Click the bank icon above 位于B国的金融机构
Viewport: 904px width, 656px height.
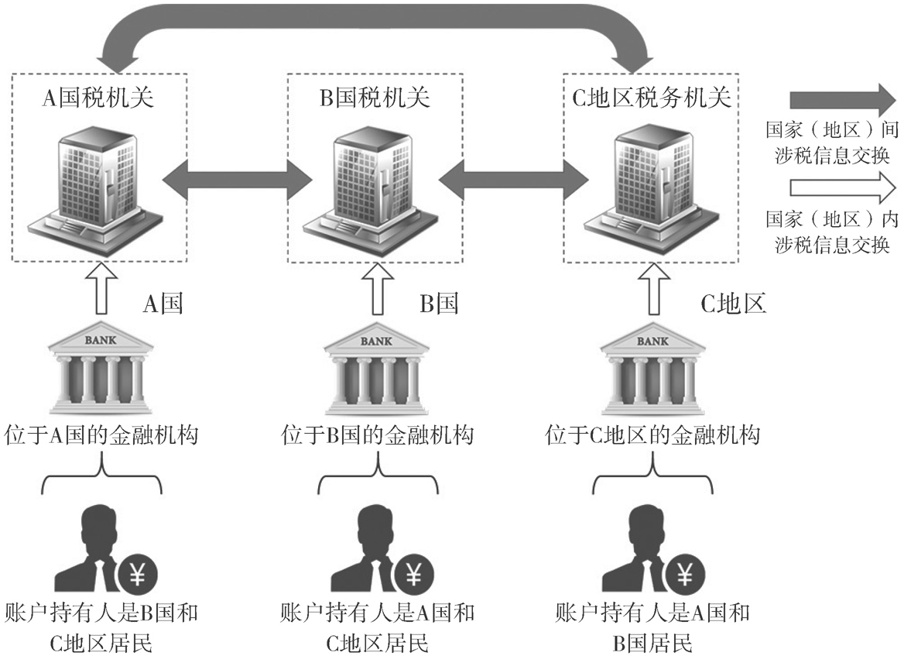377,369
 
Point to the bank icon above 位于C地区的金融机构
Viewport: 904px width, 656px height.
652,369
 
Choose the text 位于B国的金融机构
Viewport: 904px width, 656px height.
377,435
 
